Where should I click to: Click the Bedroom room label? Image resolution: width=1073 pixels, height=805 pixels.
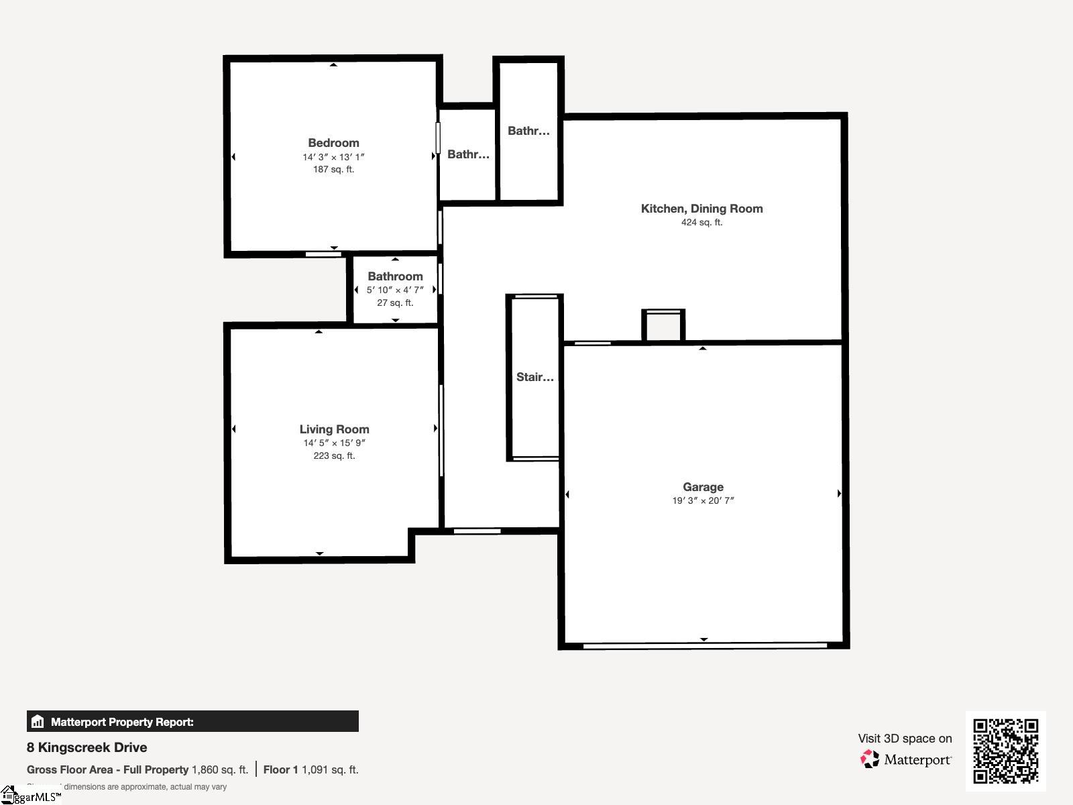(x=333, y=143)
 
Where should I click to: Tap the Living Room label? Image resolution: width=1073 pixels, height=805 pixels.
(x=334, y=429)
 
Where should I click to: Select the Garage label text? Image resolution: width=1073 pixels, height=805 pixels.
(x=703, y=487)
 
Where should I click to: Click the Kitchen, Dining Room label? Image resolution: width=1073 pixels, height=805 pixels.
(x=701, y=209)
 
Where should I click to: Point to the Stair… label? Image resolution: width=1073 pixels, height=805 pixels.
(x=534, y=377)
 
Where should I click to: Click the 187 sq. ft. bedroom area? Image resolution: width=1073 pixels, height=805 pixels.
(x=333, y=170)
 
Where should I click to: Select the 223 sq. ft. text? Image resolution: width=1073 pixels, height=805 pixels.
(x=334, y=456)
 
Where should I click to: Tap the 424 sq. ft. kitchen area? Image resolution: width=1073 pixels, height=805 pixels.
(x=701, y=223)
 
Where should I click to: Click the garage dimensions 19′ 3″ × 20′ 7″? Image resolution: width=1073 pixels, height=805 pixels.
(x=703, y=500)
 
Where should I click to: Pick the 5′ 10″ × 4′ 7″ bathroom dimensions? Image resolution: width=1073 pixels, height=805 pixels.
(x=395, y=290)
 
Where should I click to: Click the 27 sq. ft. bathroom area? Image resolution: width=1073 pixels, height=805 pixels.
(x=395, y=303)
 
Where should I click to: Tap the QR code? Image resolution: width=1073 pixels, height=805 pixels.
(x=1005, y=751)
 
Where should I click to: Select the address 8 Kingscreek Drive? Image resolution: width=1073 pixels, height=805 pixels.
(x=87, y=747)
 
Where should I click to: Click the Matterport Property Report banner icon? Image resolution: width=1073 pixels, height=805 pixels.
(x=38, y=722)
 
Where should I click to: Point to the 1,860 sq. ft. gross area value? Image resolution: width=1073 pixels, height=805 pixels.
(x=220, y=770)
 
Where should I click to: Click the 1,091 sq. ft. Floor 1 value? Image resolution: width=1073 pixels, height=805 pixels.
(x=330, y=770)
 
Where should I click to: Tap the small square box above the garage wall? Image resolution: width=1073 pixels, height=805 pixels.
(x=663, y=326)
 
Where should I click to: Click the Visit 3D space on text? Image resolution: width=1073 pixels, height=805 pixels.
(x=905, y=739)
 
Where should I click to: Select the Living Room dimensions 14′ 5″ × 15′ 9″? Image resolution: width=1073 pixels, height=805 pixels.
(x=334, y=443)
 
